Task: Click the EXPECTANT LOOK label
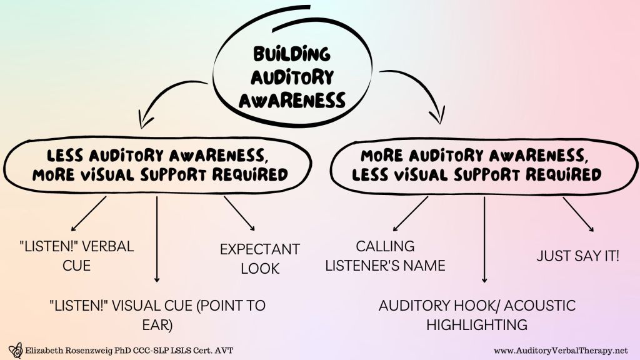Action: pyautogui.click(x=259, y=259)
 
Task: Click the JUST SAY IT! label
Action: pyautogui.click(x=578, y=256)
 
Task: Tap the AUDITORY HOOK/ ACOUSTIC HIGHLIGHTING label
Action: pyautogui.click(x=477, y=315)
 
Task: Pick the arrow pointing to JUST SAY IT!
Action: pyautogui.click(x=578, y=214)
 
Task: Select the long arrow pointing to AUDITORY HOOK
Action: pyautogui.click(x=484, y=241)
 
